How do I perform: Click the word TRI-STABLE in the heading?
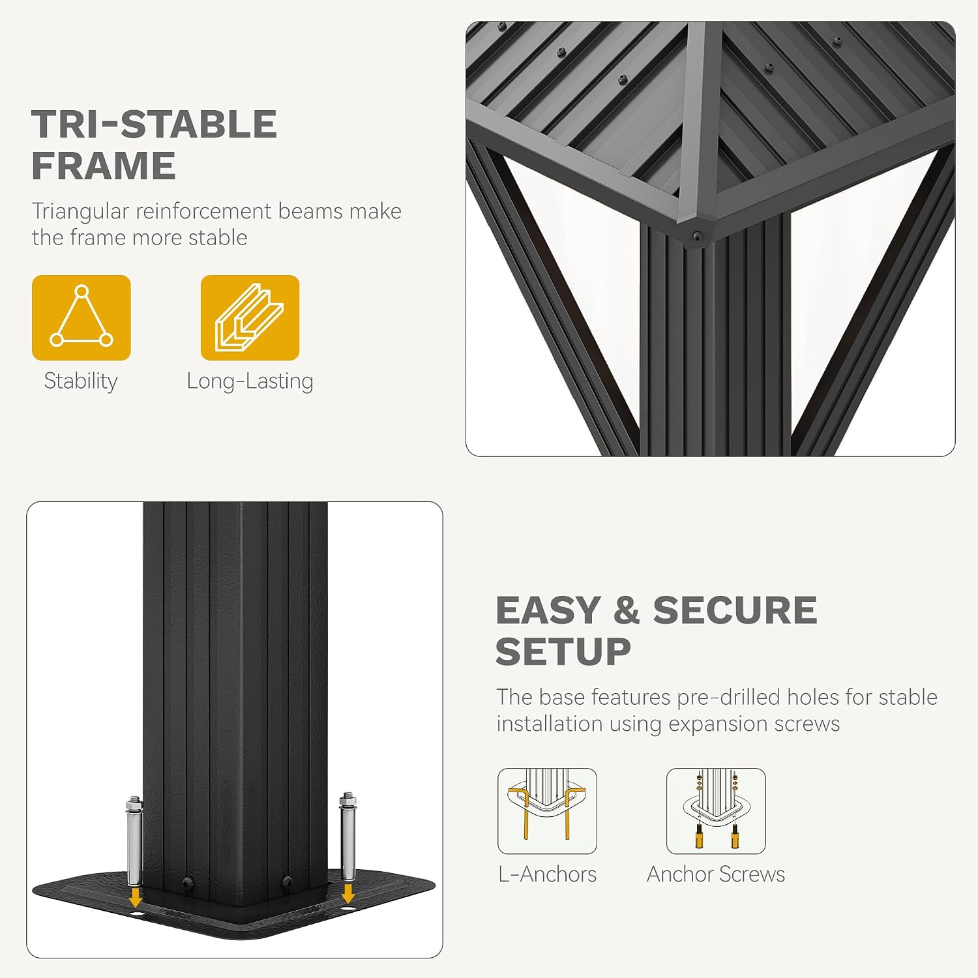[155, 124]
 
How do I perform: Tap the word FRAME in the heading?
[104, 166]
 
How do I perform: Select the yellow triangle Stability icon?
[81, 318]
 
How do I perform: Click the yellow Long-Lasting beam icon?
[250, 318]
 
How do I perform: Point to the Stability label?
[81, 381]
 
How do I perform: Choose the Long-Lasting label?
[250, 381]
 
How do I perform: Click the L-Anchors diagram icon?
[547, 811]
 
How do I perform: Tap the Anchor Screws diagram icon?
[716, 811]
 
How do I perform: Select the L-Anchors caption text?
[547, 874]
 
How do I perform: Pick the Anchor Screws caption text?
[716, 874]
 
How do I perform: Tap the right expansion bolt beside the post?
[348, 837]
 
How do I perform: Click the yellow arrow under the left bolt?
[135, 896]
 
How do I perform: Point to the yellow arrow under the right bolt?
[348, 893]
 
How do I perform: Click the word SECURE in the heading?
[735, 610]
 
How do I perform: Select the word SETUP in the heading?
[563, 652]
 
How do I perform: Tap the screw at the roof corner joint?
[698, 236]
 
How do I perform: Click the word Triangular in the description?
[81, 212]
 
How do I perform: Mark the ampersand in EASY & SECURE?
[627, 610]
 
